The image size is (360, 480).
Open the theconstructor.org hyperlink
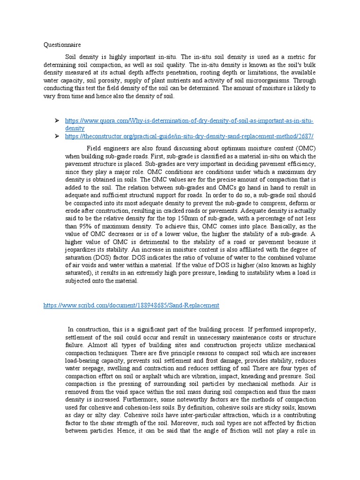pyautogui.click(x=189, y=136)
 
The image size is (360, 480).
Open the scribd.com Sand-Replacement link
pyautogui.click(x=131, y=305)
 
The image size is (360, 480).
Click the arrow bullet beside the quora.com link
pyautogui.click(x=57, y=121)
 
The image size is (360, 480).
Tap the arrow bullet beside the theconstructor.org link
pyautogui.click(x=57, y=136)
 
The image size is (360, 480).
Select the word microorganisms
pyautogui.click(x=268, y=80)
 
